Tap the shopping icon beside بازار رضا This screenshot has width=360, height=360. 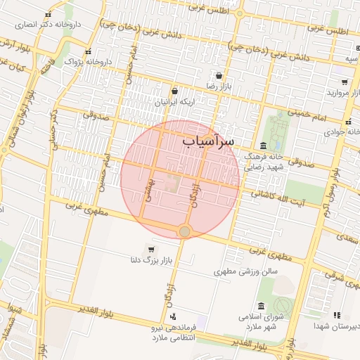(219, 75)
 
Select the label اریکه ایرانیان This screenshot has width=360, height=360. (174, 102)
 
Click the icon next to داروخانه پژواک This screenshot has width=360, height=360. (87, 52)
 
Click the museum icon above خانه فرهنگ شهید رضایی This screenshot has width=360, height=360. (264, 144)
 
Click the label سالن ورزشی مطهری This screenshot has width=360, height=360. (247, 271)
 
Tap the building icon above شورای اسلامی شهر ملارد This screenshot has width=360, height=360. (262, 306)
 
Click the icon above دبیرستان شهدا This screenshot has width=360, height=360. (336, 316)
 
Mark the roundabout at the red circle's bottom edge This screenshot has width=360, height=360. (184, 231)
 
